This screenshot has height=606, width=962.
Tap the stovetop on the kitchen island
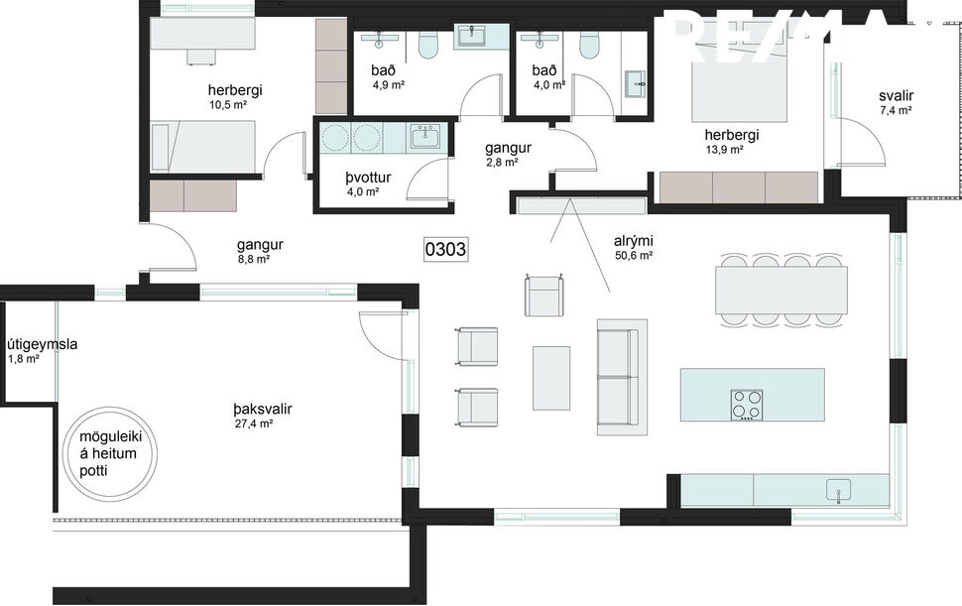(x=747, y=404)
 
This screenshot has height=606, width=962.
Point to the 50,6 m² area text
(x=633, y=255)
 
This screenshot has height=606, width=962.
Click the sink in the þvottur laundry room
(x=427, y=136)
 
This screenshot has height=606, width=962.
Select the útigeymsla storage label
(x=43, y=344)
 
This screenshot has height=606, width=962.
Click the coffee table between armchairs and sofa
(x=551, y=377)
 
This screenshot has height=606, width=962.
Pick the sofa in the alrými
(x=622, y=377)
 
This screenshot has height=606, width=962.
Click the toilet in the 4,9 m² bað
(x=429, y=46)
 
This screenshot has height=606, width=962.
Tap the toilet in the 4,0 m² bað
(x=589, y=46)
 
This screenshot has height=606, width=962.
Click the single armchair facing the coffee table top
(x=544, y=296)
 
